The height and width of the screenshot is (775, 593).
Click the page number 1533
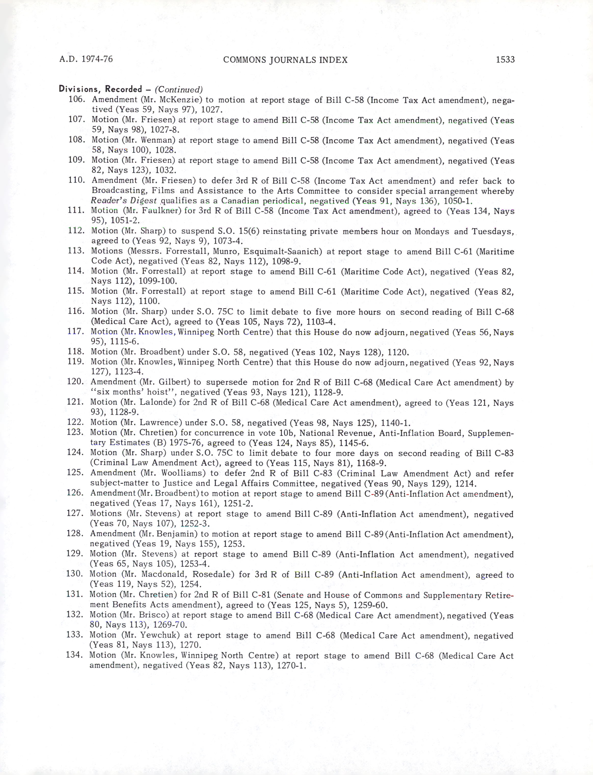505,59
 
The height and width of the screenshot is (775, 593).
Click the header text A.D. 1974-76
86,59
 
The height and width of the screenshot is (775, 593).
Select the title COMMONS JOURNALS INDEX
285,60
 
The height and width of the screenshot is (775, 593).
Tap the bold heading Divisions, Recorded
100,89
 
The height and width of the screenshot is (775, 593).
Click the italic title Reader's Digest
124,201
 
